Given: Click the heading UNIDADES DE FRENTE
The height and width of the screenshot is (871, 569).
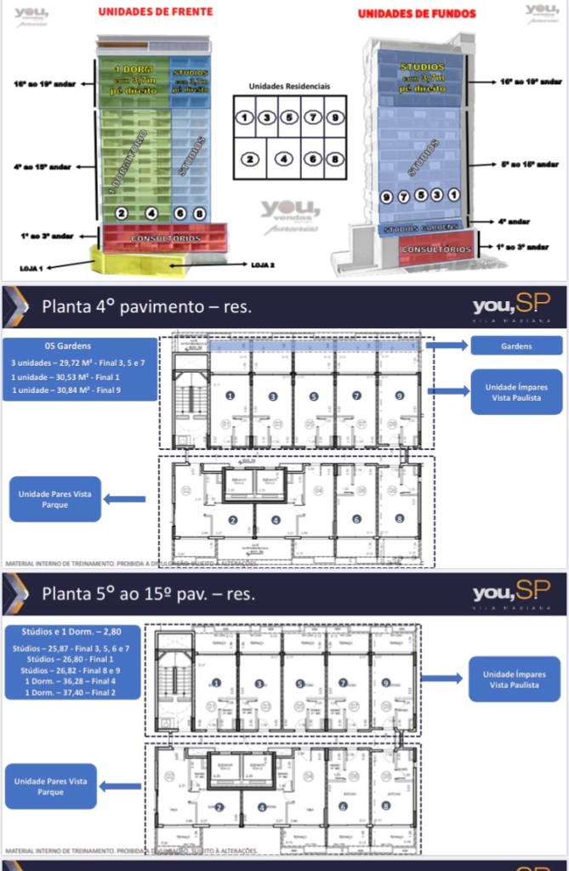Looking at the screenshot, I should tap(155, 12).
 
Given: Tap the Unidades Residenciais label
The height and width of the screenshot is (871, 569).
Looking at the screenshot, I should tap(288, 86).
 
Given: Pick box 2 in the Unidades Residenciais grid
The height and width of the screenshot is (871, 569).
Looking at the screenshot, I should tap(249, 158).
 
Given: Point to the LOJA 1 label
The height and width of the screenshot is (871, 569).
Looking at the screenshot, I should tap(33, 267).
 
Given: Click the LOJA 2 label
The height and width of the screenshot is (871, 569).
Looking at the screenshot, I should tap(262, 265).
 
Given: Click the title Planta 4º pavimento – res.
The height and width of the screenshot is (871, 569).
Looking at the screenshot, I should tap(146, 306).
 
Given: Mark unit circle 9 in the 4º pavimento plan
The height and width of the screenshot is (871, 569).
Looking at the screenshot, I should tap(398, 396).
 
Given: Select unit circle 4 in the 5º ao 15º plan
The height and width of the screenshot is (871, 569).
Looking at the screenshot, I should tap(261, 807).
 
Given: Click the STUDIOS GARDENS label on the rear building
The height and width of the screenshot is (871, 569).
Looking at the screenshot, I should tap(420, 229).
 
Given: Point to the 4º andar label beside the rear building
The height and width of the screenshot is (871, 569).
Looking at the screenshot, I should tap(513, 221).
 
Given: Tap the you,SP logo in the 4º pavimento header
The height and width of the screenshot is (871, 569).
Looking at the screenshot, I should tap(511, 305).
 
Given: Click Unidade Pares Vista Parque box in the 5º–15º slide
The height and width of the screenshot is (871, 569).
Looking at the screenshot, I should tap(50, 786).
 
